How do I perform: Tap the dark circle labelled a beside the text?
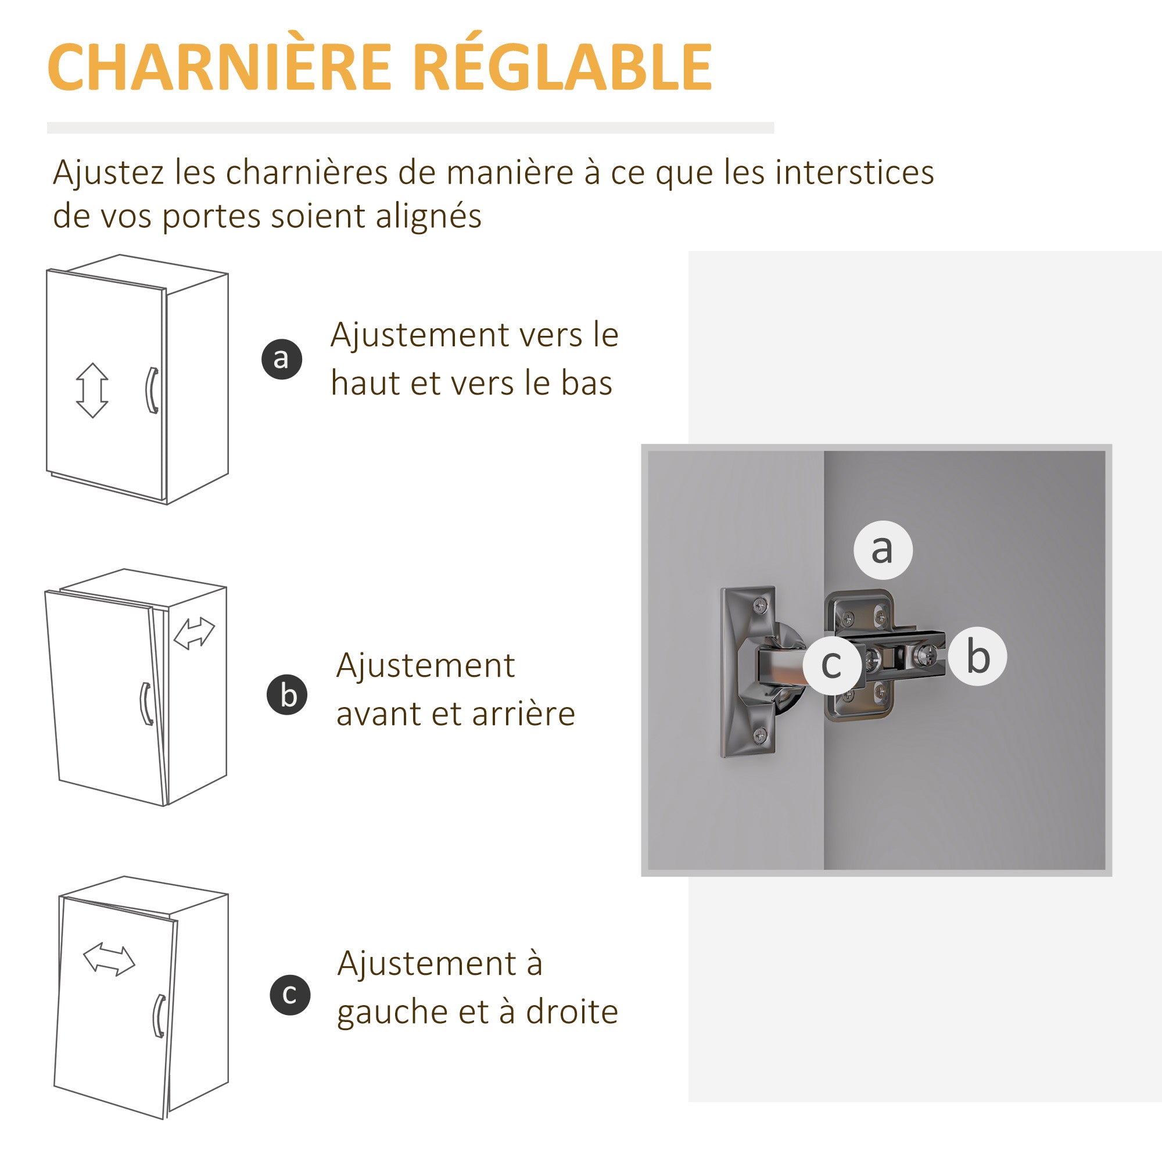coord(281,359)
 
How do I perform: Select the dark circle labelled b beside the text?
coord(288,695)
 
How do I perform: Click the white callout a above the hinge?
coord(883,550)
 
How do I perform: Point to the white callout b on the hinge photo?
coord(978,657)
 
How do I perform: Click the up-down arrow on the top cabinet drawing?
coord(92,390)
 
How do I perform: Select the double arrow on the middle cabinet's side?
coord(194,634)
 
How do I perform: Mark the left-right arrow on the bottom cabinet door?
coord(109,959)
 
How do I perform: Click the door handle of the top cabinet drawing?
coord(152,390)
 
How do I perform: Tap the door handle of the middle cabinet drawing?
coord(146,704)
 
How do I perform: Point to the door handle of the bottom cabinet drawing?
coord(159,1016)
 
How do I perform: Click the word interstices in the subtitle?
coord(855,172)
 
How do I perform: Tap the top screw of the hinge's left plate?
coord(760,605)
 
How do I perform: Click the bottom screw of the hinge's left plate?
coord(760,734)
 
